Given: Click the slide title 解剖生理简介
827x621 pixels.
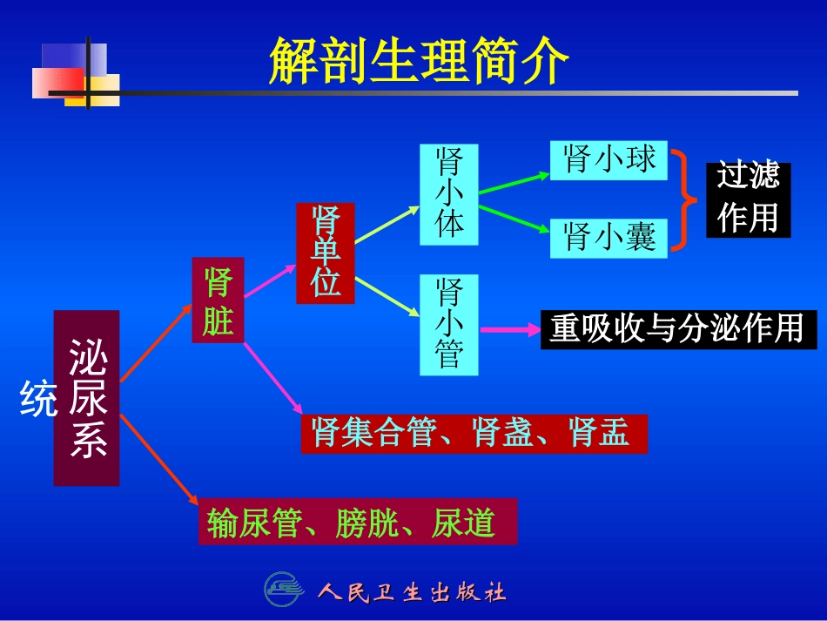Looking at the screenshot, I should (x=419, y=61).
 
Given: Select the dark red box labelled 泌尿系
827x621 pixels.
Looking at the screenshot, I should (x=87, y=398).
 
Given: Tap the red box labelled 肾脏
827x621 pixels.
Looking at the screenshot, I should (x=218, y=300).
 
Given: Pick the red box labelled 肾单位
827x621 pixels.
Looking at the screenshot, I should (x=326, y=253).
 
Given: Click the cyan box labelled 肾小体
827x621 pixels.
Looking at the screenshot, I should (x=449, y=193).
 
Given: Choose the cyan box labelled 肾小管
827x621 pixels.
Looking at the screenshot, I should (x=449, y=324).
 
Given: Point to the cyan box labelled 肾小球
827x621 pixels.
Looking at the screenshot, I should (x=608, y=160).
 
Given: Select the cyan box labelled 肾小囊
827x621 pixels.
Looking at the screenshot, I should (x=608, y=237).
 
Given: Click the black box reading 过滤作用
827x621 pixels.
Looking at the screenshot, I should (x=748, y=199).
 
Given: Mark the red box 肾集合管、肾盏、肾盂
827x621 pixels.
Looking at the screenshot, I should (x=474, y=433).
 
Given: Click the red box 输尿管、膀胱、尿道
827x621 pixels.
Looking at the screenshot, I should (x=358, y=522).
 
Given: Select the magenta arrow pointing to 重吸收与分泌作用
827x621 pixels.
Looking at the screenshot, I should (x=510, y=329).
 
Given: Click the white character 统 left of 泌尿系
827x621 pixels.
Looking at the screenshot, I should (x=37, y=398).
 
